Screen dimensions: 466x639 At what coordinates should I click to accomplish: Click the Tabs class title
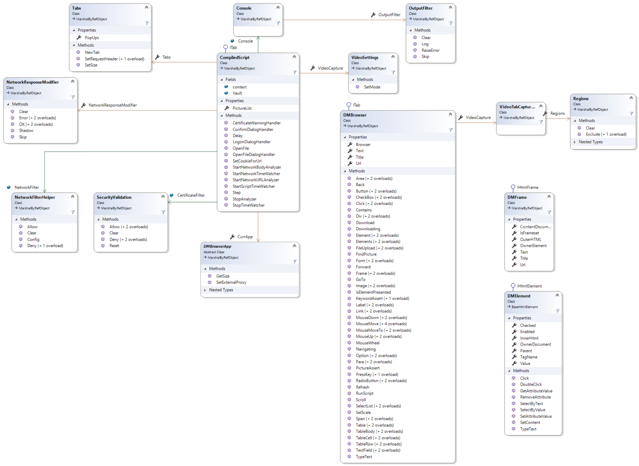point(77,8)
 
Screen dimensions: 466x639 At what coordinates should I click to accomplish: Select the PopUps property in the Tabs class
point(92,37)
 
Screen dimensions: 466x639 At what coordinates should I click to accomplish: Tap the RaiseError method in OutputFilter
point(430,50)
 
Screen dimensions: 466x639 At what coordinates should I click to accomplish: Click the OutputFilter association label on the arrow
point(389,15)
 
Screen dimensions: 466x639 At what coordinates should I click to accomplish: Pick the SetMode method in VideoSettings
point(372,87)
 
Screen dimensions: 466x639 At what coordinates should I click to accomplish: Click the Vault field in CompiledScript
point(237,93)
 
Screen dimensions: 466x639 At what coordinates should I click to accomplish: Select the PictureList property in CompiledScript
point(242,108)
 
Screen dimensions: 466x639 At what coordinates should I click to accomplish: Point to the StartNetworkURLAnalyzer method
point(255,180)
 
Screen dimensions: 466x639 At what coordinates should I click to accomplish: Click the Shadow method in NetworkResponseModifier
point(26,131)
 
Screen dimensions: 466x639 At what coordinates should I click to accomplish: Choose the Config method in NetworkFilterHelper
point(33,239)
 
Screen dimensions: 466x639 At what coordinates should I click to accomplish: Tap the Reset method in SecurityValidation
point(114,246)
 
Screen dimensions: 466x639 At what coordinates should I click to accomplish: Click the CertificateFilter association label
point(191,195)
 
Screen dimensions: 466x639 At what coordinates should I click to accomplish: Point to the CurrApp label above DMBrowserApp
point(245,237)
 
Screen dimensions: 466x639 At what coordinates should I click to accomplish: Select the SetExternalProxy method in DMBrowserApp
point(231,282)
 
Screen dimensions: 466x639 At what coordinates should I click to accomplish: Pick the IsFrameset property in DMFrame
point(529,233)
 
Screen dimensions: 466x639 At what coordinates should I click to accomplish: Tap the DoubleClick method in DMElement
point(531,384)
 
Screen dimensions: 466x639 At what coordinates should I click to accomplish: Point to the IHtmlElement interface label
point(529,286)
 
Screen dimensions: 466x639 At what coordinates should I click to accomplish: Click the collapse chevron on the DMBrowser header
point(450,114)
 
